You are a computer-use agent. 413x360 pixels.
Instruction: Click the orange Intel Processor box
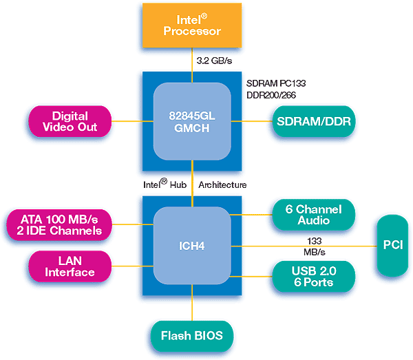pos(191,26)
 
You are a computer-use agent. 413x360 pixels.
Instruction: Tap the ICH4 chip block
pos(191,246)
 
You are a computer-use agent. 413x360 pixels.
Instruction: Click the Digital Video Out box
pos(69,122)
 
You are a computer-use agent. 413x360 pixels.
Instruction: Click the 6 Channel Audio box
pos(313,215)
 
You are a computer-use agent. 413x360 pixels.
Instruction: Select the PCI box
pos(394,246)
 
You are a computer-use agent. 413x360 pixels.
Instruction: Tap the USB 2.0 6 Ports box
pos(313,277)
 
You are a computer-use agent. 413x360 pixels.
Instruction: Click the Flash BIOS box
pos(191,337)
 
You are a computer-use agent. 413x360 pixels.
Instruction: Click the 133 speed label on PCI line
pos(313,240)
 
